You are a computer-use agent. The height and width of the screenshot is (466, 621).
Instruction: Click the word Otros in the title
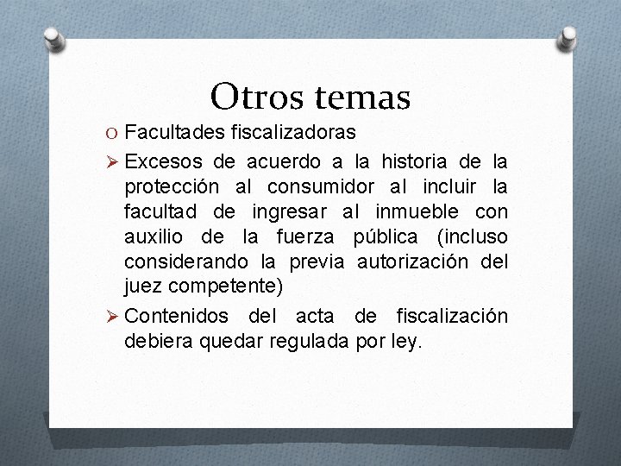pos(249,97)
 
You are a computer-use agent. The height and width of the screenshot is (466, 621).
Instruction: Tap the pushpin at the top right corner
pos(569,36)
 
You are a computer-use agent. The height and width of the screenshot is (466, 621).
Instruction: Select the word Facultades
pos(173,133)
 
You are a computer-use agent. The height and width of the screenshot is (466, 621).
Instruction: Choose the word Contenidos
pos(176,317)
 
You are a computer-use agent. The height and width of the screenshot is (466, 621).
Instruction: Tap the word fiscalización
pos(452,317)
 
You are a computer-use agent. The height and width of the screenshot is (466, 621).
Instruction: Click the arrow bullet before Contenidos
pos(110,317)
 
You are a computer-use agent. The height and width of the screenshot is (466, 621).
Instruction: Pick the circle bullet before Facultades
pos(111,134)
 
